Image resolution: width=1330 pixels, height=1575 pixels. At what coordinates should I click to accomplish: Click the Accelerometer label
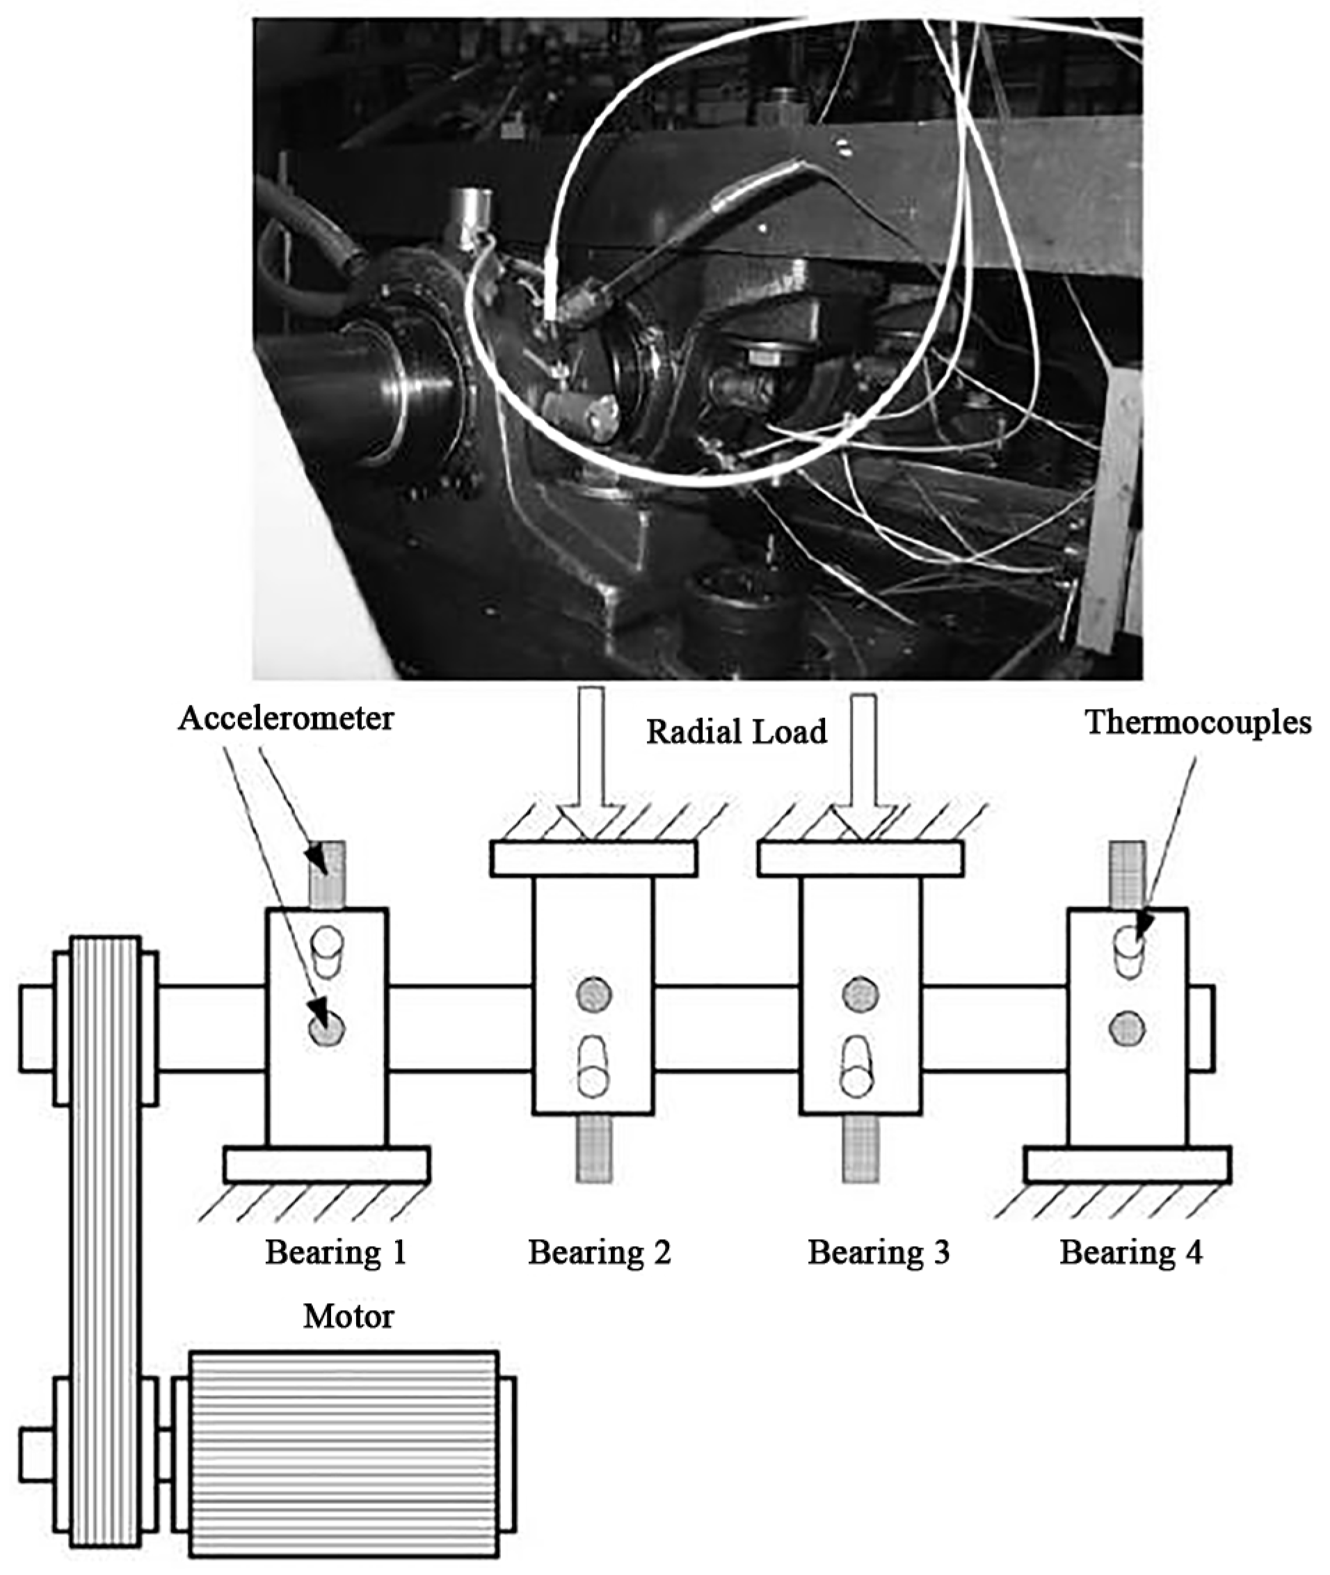(286, 719)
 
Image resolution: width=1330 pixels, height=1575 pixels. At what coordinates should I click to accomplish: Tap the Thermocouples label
(1198, 722)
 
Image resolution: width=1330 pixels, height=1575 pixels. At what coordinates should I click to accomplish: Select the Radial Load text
(737, 731)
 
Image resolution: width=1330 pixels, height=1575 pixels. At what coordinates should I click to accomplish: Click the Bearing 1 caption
(335, 1252)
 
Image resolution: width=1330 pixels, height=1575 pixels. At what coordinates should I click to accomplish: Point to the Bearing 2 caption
(599, 1252)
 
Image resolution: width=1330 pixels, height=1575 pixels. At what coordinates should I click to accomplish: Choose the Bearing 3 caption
(879, 1252)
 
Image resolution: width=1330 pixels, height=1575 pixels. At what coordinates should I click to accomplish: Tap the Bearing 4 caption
(1131, 1252)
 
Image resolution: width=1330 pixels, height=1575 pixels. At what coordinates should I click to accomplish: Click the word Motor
(348, 1316)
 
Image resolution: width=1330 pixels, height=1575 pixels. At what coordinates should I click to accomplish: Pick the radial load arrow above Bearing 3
(863, 762)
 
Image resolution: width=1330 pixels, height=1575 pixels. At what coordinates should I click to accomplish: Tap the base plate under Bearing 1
(326, 1164)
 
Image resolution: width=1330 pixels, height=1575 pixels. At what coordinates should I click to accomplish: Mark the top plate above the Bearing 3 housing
(860, 858)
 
